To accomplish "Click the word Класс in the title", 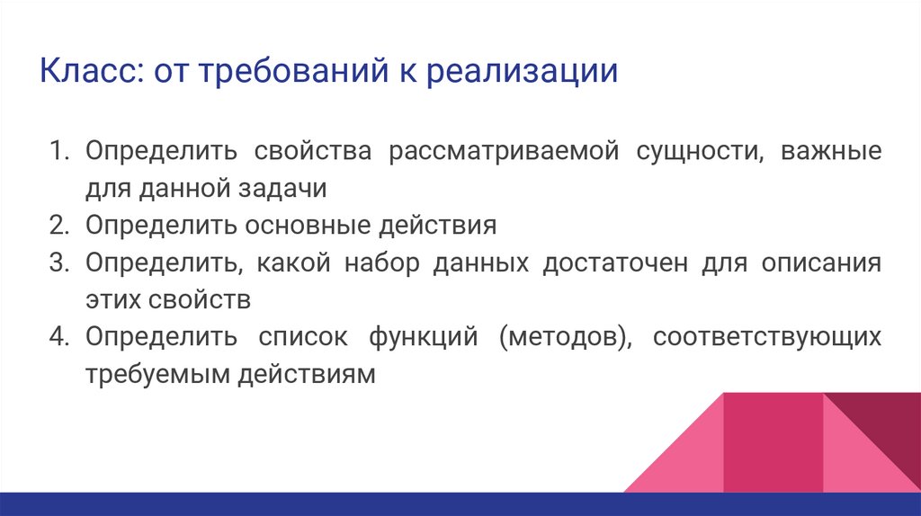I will coord(85,71).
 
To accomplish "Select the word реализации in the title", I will coord(523,71).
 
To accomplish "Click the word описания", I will coord(822,262).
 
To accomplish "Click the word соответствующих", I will coord(767,337).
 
